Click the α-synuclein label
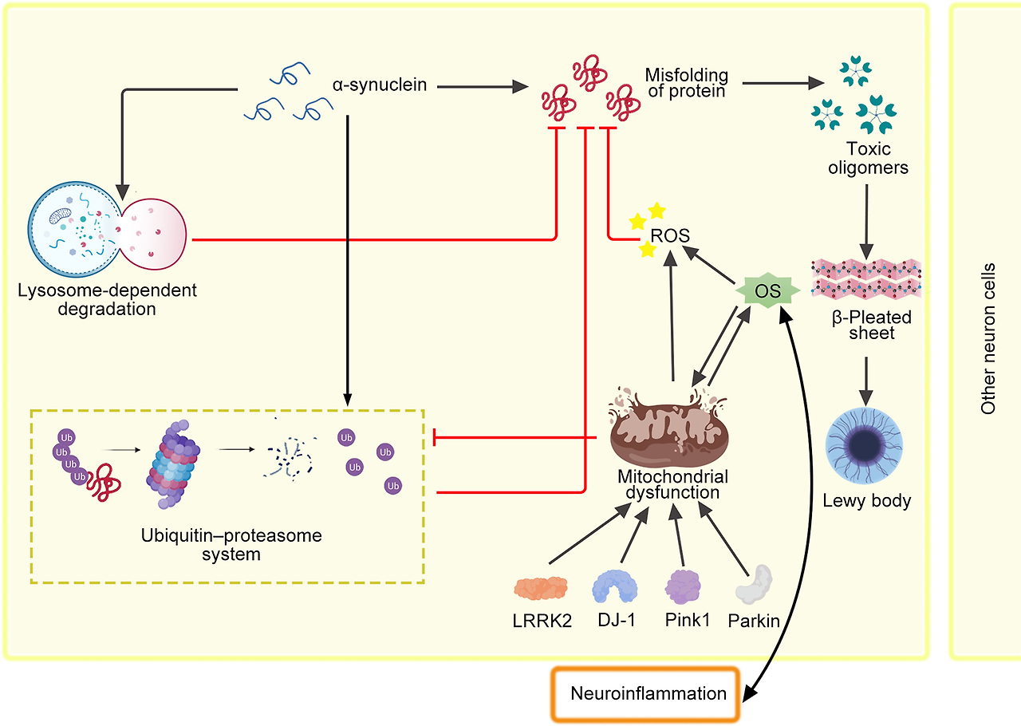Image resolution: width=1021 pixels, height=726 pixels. coord(379,83)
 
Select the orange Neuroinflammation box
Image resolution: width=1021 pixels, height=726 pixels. coord(648,692)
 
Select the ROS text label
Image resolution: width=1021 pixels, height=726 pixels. coord(670,236)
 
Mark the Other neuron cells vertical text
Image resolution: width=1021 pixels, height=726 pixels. coord(988,338)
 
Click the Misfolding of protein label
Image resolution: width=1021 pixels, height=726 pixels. coord(686,83)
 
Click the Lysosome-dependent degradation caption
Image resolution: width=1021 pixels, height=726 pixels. coord(107,298)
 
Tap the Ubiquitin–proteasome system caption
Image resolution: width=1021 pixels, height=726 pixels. coord(231,544)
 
